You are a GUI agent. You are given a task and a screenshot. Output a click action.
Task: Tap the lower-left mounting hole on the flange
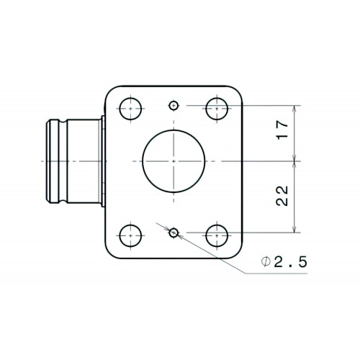point(130,234)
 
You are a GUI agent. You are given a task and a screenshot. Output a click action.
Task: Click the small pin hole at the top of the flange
point(174,107)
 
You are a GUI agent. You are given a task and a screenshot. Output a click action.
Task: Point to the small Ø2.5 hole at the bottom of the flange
point(174,233)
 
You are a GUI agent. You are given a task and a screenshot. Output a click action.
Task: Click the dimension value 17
point(284,130)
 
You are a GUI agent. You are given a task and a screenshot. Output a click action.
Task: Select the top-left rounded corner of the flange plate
point(112,90)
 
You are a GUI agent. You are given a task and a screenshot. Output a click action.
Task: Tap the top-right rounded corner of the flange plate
point(236,90)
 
